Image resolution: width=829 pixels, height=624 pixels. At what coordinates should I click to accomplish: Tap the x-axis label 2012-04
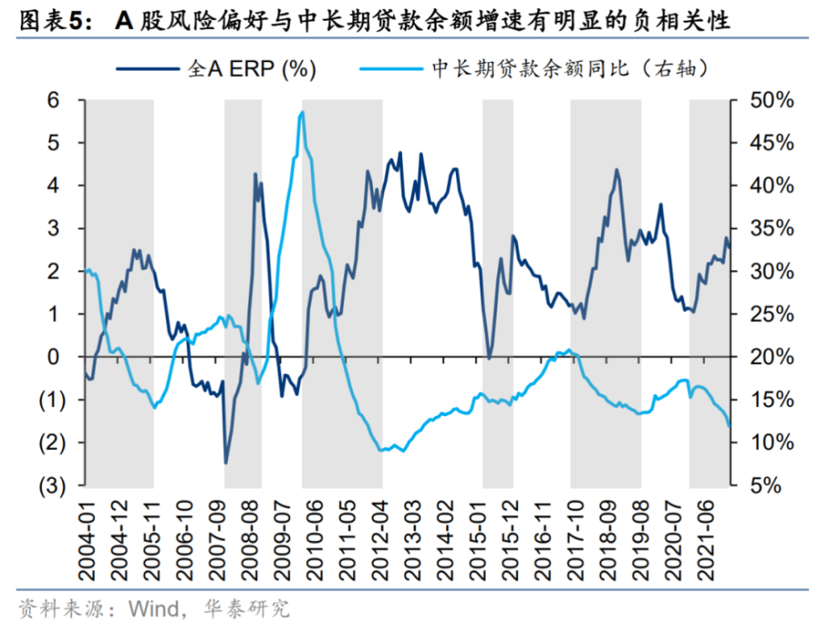click(381, 539)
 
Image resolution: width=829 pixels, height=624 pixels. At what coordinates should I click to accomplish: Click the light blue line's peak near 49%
click(303, 113)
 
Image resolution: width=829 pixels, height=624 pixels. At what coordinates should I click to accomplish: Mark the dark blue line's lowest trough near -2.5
click(225, 462)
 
